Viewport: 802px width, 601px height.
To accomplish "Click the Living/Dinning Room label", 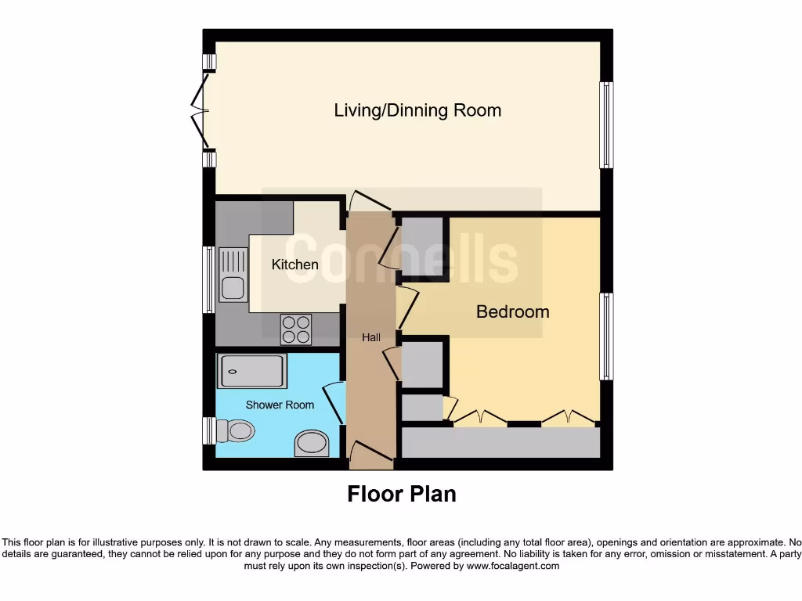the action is click(417, 110).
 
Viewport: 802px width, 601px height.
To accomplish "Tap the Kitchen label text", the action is click(294, 265).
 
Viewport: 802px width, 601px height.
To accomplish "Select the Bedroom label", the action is click(512, 311).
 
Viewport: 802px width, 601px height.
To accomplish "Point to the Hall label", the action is click(371, 337).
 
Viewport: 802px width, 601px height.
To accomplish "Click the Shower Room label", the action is click(280, 405).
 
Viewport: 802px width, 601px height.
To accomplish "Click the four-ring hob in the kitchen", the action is click(296, 329).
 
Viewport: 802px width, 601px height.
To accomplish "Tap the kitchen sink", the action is click(233, 275).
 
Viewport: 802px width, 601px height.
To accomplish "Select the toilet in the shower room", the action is click(235, 431).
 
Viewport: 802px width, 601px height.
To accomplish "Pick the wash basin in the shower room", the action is click(312, 443).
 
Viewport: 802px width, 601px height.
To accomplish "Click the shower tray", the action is click(252, 371).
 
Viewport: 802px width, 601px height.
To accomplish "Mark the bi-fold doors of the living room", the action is click(200, 111).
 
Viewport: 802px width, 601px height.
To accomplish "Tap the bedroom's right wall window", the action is click(606, 336).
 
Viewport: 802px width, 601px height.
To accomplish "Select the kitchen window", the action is click(208, 279).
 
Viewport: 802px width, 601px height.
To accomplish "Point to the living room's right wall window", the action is click(606, 125).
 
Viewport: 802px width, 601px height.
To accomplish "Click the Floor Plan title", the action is click(402, 495).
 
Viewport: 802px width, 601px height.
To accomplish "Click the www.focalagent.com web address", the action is click(512, 566).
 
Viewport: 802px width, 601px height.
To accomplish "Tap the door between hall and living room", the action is click(370, 201).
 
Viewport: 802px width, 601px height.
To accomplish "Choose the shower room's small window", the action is click(209, 431).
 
